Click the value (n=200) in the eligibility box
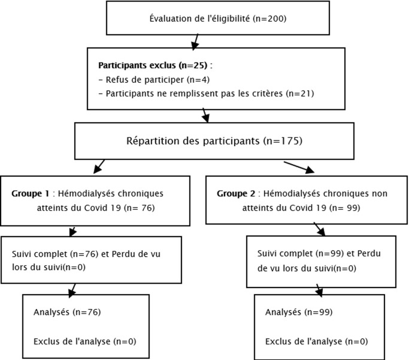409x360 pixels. (x=269, y=19)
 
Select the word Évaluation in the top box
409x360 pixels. (x=171, y=18)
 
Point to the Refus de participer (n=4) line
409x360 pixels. (x=154, y=80)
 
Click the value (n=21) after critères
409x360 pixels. (x=300, y=93)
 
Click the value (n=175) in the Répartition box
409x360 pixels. (x=283, y=141)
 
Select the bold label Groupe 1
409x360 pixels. (x=31, y=194)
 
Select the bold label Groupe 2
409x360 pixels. (x=236, y=194)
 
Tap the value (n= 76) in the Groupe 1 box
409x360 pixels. (x=140, y=208)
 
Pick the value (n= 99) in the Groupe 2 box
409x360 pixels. (x=344, y=208)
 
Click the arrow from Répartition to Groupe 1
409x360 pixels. (x=99, y=167)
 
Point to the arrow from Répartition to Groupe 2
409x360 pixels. (x=299, y=167)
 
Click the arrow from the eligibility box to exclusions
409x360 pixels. (x=195, y=42)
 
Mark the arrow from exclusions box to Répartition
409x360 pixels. (x=206, y=115)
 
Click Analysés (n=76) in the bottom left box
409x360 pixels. (x=67, y=312)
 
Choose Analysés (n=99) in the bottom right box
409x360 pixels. (x=299, y=312)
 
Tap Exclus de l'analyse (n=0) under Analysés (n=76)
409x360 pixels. (x=85, y=341)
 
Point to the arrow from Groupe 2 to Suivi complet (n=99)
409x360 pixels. (x=319, y=229)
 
